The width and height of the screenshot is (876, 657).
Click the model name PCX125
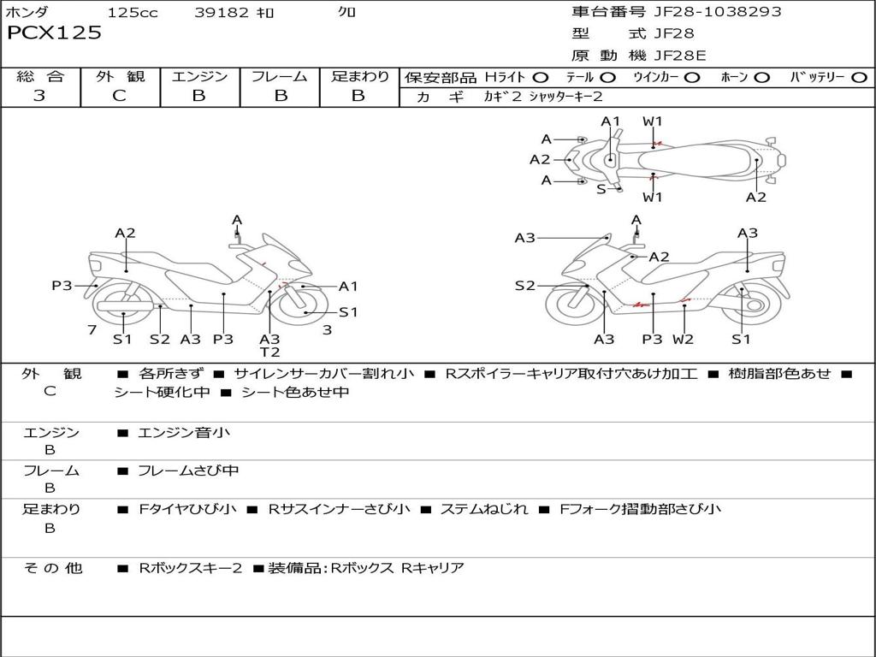pyautogui.click(x=55, y=33)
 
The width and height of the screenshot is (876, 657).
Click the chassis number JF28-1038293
pyautogui.click(x=706, y=12)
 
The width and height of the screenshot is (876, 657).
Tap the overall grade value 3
pyautogui.click(x=39, y=96)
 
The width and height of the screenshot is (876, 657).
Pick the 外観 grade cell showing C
pyautogui.click(x=119, y=96)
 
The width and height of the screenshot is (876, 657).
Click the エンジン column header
pyautogui.click(x=199, y=77)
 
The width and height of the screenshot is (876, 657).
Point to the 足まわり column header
pyautogui.click(x=359, y=77)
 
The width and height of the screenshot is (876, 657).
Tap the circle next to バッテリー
pyautogui.click(x=859, y=77)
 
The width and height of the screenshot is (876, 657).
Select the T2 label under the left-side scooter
pyautogui.click(x=269, y=352)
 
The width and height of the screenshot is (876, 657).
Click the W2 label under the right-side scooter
pyautogui.click(x=683, y=340)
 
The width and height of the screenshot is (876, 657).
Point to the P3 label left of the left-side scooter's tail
pyautogui.click(x=62, y=286)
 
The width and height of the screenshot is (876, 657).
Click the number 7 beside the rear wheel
pyautogui.click(x=91, y=330)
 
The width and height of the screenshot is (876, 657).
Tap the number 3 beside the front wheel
pyautogui.click(x=327, y=330)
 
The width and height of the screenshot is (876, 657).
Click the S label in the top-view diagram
pyautogui.click(x=601, y=189)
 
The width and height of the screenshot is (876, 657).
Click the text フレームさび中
pyautogui.click(x=188, y=471)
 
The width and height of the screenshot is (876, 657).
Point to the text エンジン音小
pyautogui.click(x=184, y=433)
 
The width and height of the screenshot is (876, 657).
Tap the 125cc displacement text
pyautogui.click(x=133, y=13)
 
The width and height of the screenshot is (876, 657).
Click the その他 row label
pyautogui.click(x=53, y=568)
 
